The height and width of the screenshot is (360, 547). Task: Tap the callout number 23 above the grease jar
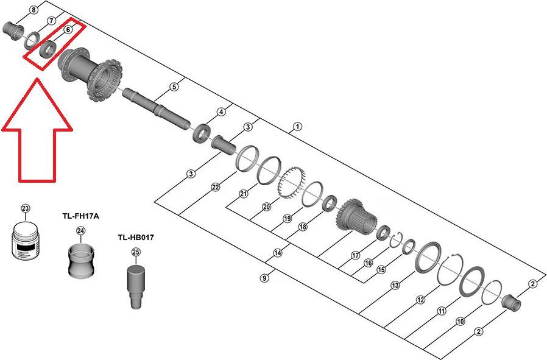pyautogui.click(x=26, y=208)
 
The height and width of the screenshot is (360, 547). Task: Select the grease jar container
pyautogui.click(x=27, y=242)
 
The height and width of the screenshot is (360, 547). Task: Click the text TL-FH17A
pyautogui.click(x=80, y=216)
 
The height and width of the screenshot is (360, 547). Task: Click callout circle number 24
pyautogui.click(x=80, y=230)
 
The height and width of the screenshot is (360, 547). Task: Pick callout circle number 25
pyautogui.click(x=136, y=252)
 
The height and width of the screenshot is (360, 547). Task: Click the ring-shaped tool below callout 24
pyautogui.click(x=81, y=260)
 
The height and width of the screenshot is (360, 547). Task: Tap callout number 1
pyautogui.click(x=297, y=127)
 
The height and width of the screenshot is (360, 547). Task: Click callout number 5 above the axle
pyautogui.click(x=174, y=86)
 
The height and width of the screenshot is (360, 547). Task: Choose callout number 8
pyautogui.click(x=33, y=9)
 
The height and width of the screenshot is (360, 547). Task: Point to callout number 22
pyautogui.click(x=215, y=187)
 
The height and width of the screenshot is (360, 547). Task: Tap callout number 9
pyautogui.click(x=264, y=278)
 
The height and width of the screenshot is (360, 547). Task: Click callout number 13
pyautogui.click(x=395, y=284)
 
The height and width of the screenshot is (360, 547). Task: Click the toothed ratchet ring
pyautogui.click(x=289, y=183)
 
